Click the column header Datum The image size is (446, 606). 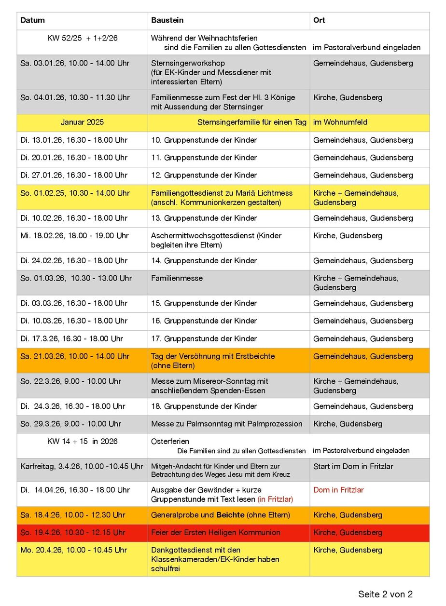pos(32,20)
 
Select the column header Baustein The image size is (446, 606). pos(167,20)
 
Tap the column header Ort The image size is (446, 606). pos(319,20)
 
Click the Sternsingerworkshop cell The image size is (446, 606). pos(188,63)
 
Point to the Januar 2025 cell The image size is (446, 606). pos(82,122)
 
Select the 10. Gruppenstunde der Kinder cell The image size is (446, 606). pos(204,140)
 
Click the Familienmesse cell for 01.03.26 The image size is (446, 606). pos(177,278)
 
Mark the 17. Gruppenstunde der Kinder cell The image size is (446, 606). pos(204,338)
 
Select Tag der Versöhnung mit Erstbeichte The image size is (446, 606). pos(213,356)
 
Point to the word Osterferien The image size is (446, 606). pos(170,442)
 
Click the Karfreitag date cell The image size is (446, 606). pos(82,466)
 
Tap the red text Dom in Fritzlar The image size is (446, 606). pos(338,490)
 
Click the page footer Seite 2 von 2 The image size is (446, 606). pos(385,594)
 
